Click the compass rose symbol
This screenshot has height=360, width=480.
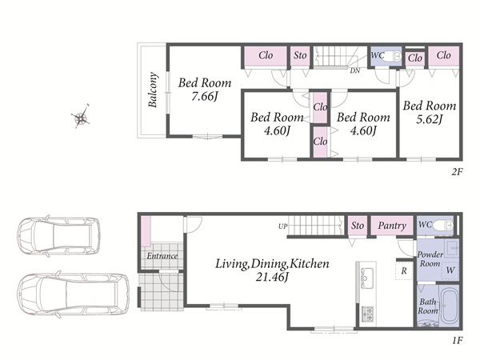coord(81,117)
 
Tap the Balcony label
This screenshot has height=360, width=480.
coord(153,90)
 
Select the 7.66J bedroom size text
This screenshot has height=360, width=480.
coord(205,97)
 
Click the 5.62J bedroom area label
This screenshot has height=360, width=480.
coord(430,119)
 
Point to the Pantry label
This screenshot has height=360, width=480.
coord(392,226)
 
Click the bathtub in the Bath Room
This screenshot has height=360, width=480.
coord(449,306)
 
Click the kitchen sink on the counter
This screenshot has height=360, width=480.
coord(366,278)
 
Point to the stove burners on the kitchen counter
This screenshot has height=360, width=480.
coord(367,314)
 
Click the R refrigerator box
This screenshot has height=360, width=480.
coord(404,270)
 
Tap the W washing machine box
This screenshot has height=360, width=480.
coord(450,270)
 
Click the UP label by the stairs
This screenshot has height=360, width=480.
coord(283,226)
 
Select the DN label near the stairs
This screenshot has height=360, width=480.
coord(354,70)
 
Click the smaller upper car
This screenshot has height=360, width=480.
coord(58,236)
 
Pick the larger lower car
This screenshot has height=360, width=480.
coord(73,294)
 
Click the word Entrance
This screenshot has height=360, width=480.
coord(162,256)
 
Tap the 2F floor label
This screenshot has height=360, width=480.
coord(457,172)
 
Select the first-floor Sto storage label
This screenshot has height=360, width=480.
coord(358,226)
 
